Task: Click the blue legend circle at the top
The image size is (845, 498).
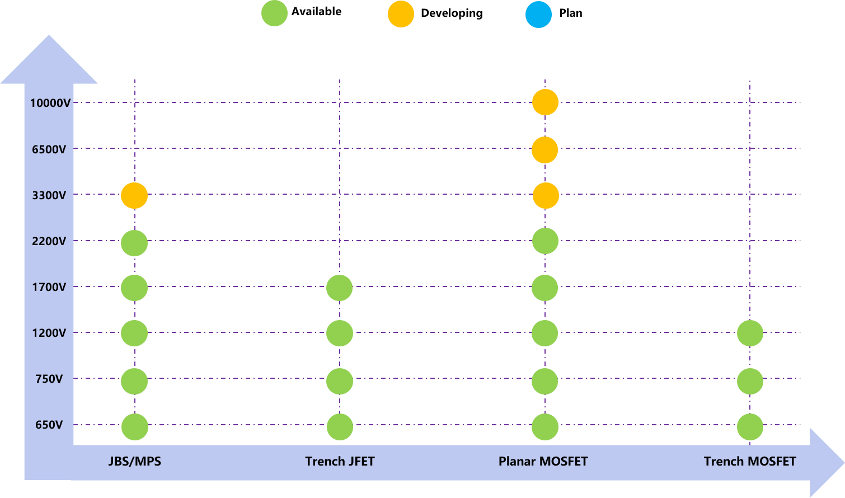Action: pos(538,15)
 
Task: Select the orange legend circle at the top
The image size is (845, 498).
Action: pos(401,14)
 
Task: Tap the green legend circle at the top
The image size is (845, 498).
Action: pos(274,13)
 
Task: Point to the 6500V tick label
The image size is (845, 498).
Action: pos(49,149)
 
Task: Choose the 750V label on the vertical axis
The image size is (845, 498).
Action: pos(49,379)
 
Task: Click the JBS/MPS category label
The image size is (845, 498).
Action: pos(134,462)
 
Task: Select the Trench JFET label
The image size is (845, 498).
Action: pos(340,462)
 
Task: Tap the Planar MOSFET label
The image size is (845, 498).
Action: pos(543,462)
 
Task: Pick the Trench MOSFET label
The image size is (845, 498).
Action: pos(750,462)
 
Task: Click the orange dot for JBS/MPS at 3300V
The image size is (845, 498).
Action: pos(134,196)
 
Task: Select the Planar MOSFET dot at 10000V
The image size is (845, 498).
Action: pos(545,102)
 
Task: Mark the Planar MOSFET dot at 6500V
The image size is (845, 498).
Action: pos(544,150)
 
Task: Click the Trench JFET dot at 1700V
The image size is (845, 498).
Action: pos(339,288)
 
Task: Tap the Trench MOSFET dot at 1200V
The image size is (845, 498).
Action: pos(750,333)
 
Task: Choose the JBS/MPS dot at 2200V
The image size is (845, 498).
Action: pos(134,243)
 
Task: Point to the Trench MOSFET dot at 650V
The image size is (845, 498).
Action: pos(750,427)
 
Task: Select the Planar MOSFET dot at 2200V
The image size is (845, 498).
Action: pos(545,241)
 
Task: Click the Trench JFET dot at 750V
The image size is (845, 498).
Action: pos(340,382)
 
